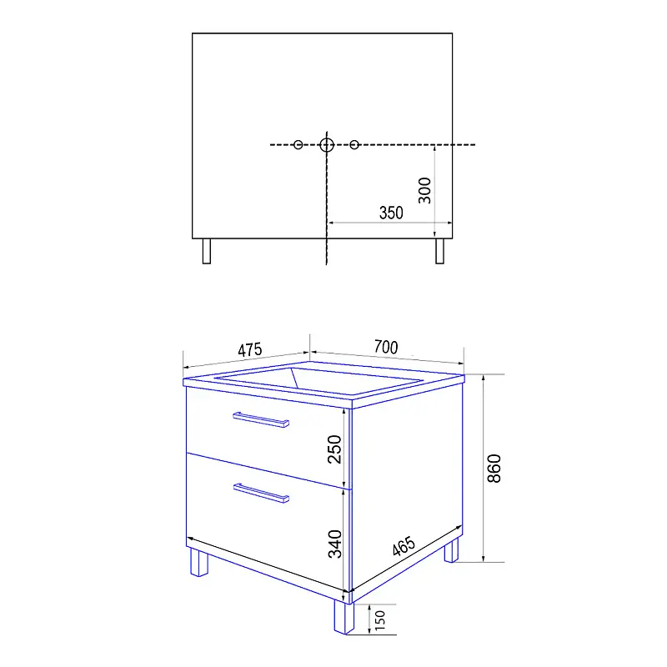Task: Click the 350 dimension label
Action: point(391,213)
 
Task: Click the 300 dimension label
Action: point(424,191)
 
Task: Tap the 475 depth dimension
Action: point(249,350)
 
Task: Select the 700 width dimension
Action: point(386,347)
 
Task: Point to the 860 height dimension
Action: point(494,469)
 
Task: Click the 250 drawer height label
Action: point(334,449)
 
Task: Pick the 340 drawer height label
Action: point(335,544)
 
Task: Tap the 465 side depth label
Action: point(404,546)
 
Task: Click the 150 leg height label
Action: point(380,620)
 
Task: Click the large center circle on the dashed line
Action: point(327,145)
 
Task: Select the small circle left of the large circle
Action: point(298,145)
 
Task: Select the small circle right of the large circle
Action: point(354,145)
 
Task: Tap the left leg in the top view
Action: point(207,251)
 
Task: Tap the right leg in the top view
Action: point(440,251)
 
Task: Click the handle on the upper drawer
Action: point(261,419)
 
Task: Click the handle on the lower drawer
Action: point(261,493)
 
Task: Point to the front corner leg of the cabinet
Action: point(344,617)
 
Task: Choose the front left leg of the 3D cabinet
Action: point(199,562)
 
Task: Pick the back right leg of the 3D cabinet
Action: point(452,550)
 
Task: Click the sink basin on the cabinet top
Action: point(319,381)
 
